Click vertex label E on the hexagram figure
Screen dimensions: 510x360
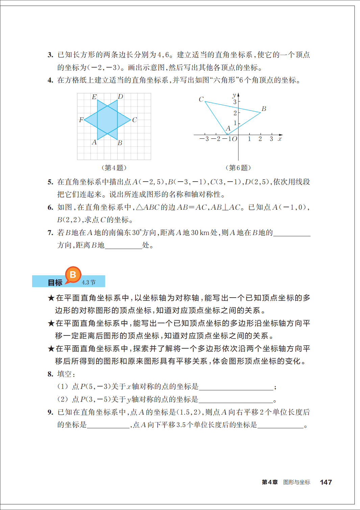click(x=94, y=97)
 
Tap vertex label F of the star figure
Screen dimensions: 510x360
click(x=81, y=120)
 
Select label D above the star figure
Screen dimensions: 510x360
click(x=120, y=97)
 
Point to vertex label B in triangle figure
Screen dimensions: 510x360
click(x=264, y=109)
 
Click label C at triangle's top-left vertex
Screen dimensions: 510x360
click(x=201, y=99)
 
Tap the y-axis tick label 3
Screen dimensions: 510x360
click(x=235, y=102)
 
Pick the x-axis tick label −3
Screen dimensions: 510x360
click(x=204, y=139)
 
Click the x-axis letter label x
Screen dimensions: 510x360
click(x=280, y=139)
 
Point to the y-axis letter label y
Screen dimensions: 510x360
click(x=234, y=95)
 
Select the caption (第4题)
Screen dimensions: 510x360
click(x=114, y=168)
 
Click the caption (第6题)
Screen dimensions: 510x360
click(x=238, y=168)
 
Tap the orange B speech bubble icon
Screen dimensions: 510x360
click(x=73, y=275)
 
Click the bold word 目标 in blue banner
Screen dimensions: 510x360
click(x=55, y=282)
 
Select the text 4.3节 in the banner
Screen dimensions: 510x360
click(x=89, y=282)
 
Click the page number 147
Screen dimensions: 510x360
click(x=326, y=482)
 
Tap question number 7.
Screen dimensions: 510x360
click(x=50, y=233)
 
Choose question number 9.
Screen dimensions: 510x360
click(x=50, y=412)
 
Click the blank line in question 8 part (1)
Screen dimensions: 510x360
click(x=236, y=387)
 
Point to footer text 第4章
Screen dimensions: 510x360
click(x=270, y=482)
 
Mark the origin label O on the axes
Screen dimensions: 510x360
click(x=234, y=139)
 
